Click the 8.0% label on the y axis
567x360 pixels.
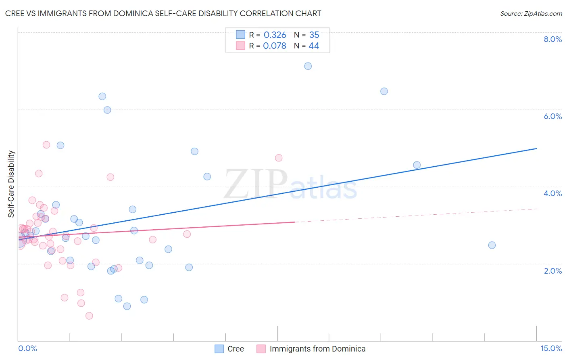point(552,39)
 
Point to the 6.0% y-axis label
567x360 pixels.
point(552,116)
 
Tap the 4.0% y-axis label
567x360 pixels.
point(552,193)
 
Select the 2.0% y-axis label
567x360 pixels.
point(552,271)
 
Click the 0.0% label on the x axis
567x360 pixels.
point(27,348)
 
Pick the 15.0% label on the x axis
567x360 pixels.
point(551,348)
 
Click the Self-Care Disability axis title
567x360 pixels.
point(11,184)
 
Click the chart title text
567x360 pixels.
point(163,13)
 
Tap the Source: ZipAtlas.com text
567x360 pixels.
point(531,13)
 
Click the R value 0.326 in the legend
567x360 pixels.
point(275,35)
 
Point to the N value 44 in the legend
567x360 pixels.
point(314,46)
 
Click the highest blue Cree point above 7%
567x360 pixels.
point(308,66)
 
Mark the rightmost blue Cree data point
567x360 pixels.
point(492,245)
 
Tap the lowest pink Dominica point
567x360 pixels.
point(89,316)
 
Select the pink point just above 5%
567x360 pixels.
point(46,145)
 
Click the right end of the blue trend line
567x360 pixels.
point(536,149)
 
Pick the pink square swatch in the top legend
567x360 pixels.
point(240,46)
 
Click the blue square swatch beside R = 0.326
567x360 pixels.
point(240,35)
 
